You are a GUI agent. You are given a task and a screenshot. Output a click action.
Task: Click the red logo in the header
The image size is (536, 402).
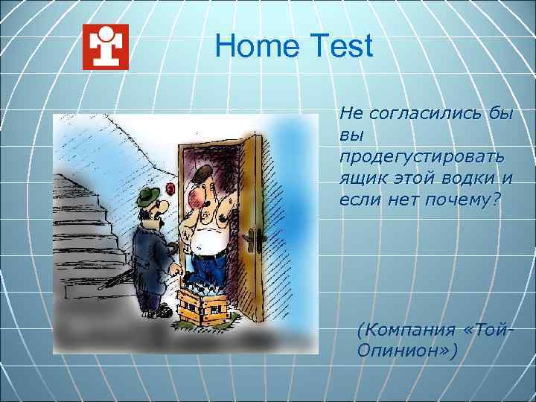click(x=105, y=47)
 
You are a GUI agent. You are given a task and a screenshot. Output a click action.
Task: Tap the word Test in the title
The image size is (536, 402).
click(x=339, y=47)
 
